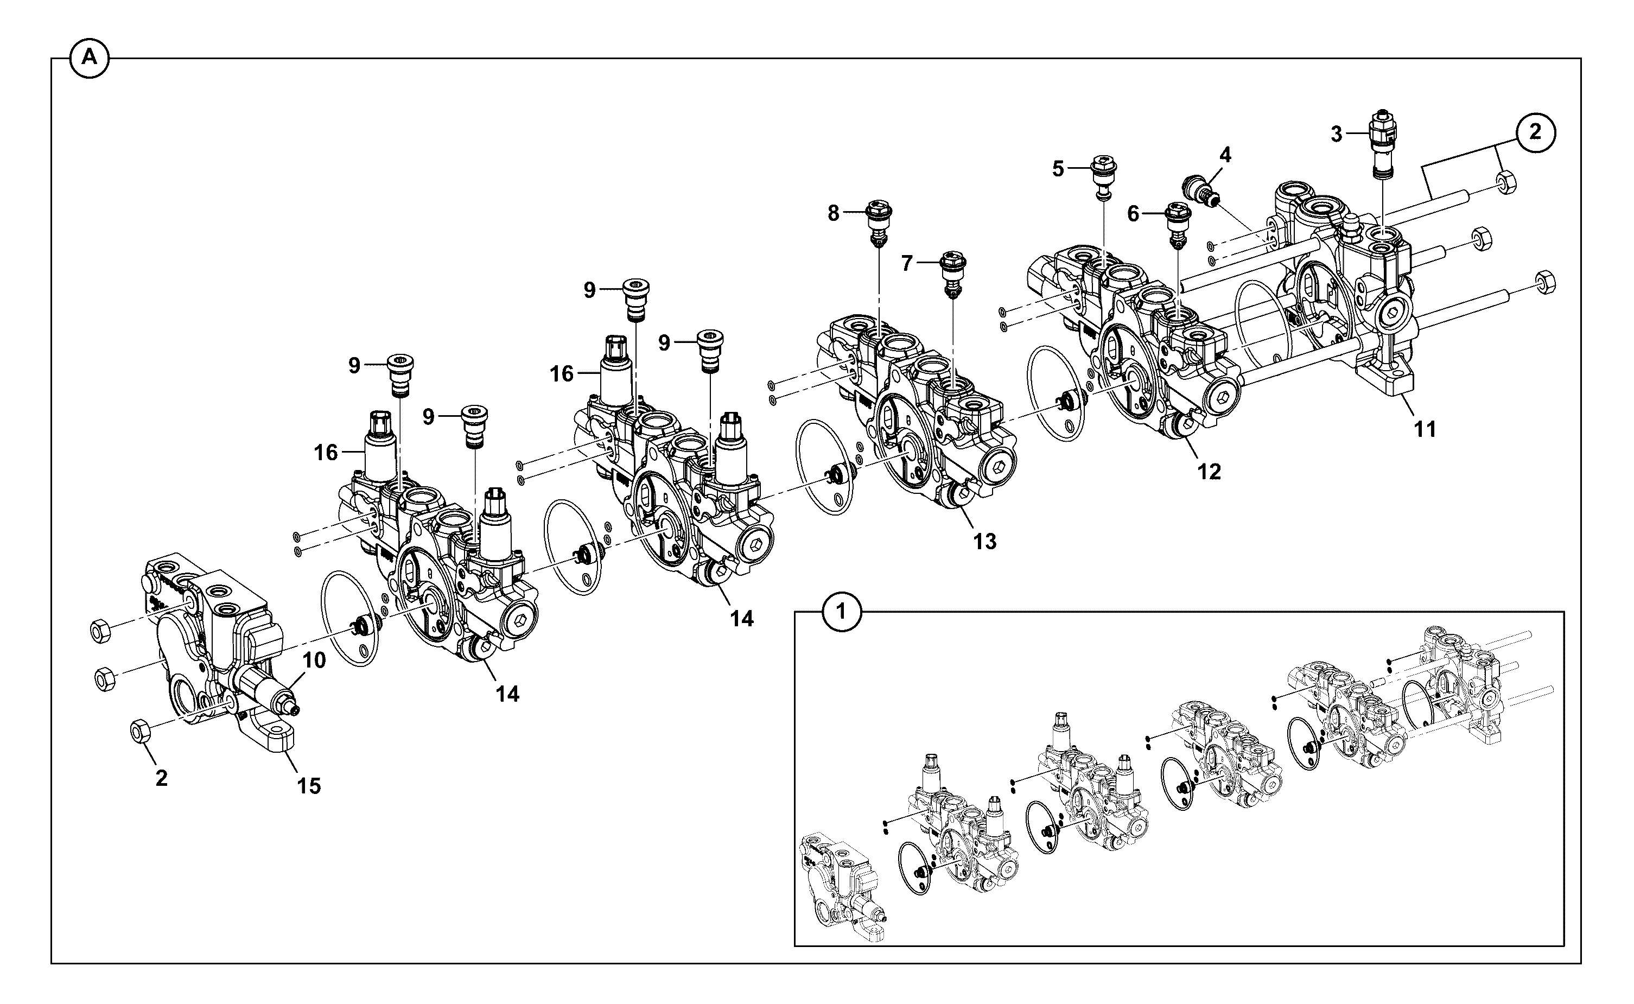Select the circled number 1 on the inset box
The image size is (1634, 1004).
coord(842,612)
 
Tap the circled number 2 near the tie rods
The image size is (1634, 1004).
coord(1535,132)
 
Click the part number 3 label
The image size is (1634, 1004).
coord(1336,135)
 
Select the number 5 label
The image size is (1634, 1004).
coord(1058,169)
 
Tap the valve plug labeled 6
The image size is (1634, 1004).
coord(1180,226)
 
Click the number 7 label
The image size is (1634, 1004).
coord(907,264)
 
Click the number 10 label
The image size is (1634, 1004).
coord(315,660)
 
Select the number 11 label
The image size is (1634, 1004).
coord(1425,430)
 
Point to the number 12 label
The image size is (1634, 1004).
coord(1209,472)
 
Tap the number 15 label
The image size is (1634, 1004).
coord(309,786)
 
